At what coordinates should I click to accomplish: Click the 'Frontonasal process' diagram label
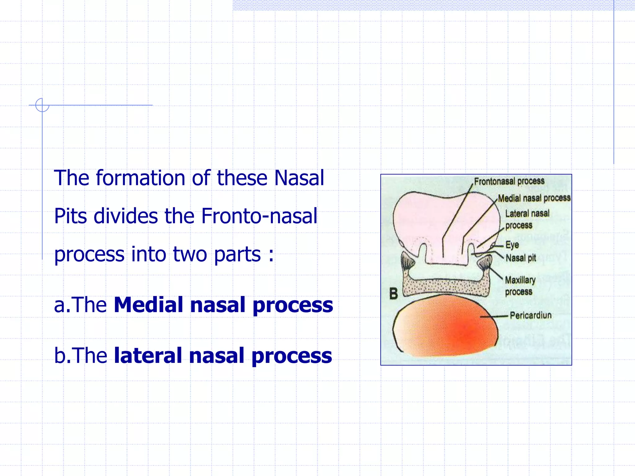click(x=509, y=181)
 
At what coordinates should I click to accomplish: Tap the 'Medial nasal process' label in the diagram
click(x=534, y=198)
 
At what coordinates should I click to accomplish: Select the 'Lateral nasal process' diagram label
click(x=527, y=219)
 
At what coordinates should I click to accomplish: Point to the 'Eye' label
click(x=512, y=245)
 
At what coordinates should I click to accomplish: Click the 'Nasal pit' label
click(x=521, y=258)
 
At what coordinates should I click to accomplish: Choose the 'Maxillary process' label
click(x=520, y=286)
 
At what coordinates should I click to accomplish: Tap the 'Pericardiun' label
click(x=531, y=315)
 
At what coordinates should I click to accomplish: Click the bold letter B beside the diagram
click(x=393, y=293)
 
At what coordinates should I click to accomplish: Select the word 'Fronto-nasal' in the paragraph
click(x=259, y=216)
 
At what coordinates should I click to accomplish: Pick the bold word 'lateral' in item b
click(x=148, y=355)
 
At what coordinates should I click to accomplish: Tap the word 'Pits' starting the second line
click(x=71, y=216)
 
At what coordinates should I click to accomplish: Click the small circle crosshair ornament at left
click(x=42, y=105)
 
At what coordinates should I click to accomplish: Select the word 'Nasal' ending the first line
click(x=299, y=178)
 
